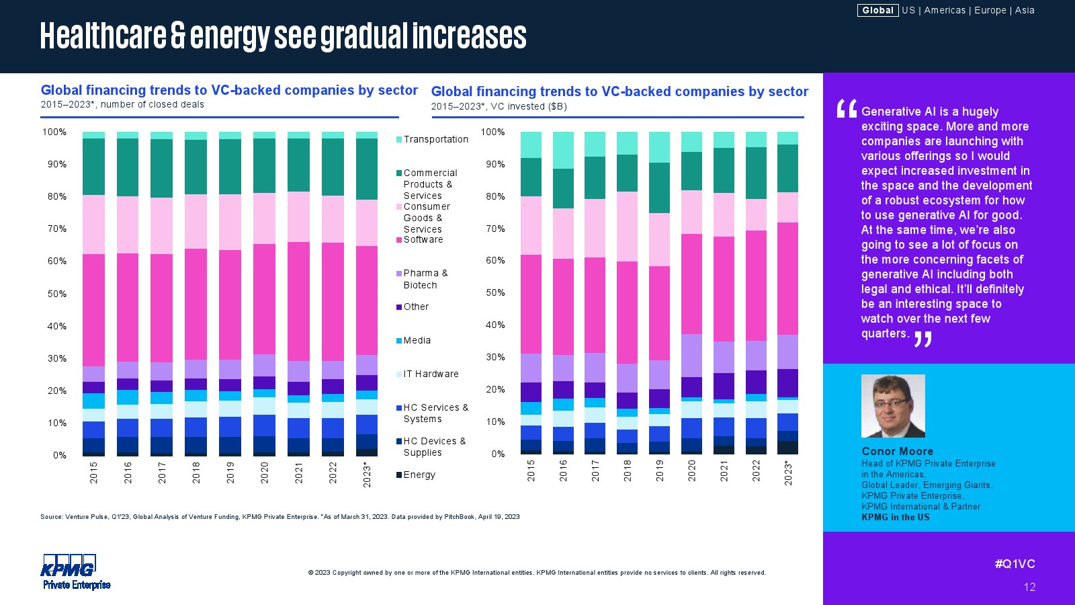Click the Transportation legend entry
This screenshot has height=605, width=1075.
click(435, 139)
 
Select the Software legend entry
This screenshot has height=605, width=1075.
click(423, 239)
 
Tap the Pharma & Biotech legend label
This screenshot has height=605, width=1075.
click(425, 279)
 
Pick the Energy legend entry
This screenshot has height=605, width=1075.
click(419, 475)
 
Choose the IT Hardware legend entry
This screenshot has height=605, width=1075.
click(431, 374)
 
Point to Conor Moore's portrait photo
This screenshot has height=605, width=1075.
click(893, 406)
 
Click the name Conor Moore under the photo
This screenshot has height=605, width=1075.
click(898, 451)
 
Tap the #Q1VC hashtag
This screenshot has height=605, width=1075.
click(1015, 564)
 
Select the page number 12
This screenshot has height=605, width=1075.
click(1029, 587)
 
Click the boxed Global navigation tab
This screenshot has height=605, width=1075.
click(877, 10)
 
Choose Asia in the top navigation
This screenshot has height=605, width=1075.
click(1025, 10)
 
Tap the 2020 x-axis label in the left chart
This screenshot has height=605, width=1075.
click(265, 473)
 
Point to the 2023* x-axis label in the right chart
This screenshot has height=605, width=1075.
click(788, 473)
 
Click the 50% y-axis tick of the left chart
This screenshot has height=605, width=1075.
click(57, 294)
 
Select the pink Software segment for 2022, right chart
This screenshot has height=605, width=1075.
click(756, 286)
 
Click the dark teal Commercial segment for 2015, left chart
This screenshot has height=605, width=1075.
click(93, 167)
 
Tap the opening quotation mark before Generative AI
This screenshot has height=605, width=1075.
click(847, 109)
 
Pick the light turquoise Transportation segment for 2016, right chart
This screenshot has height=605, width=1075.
click(563, 150)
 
